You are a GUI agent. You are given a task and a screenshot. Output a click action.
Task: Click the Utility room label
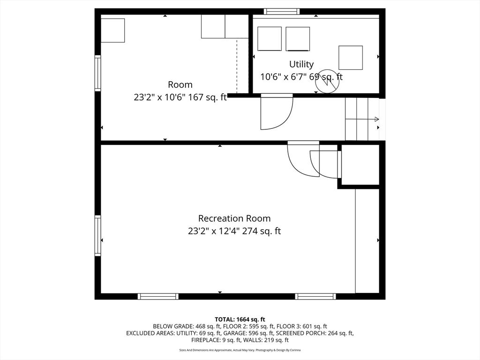[301, 64]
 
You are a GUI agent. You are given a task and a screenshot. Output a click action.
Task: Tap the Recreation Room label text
[234, 218]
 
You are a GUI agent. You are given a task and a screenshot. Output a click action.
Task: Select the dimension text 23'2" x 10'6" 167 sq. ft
[180, 97]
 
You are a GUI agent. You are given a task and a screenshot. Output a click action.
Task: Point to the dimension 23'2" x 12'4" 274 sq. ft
[234, 231]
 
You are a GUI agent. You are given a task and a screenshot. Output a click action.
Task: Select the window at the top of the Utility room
[281, 12]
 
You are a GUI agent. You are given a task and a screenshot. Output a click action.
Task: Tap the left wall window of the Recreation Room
[98, 235]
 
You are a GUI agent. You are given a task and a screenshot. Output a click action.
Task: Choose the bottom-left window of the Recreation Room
[158, 296]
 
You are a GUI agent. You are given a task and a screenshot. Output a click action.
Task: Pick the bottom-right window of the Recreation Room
[315, 296]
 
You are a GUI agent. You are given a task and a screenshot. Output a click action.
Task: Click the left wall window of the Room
[98, 73]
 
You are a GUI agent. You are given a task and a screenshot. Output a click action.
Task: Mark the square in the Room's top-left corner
[112, 30]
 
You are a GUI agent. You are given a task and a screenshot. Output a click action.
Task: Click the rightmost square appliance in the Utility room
[351, 57]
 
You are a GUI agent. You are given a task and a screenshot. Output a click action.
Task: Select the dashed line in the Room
[237, 66]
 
